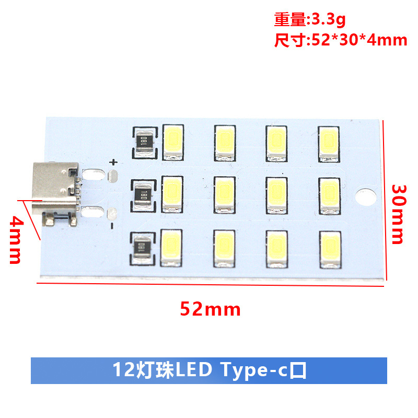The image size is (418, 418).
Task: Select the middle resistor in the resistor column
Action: click(x=143, y=195)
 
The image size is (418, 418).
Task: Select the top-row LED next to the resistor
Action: click(x=173, y=141)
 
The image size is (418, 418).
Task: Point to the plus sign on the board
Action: click(x=113, y=162)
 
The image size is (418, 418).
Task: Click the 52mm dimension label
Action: click(x=210, y=309)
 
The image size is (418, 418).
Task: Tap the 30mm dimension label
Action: click(x=398, y=214)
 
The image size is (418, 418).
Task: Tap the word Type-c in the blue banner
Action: click(x=254, y=370)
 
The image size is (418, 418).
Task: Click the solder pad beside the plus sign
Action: click(x=92, y=174)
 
